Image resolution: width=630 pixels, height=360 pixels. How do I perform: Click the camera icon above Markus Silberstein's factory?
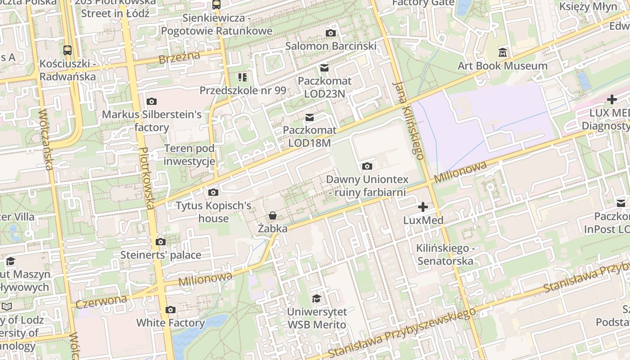pyautogui.click(x=152, y=101)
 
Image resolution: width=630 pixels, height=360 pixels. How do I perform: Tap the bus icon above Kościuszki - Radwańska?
pyautogui.click(x=67, y=50)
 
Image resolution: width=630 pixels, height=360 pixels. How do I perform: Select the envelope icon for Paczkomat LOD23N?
pyautogui.click(x=324, y=68)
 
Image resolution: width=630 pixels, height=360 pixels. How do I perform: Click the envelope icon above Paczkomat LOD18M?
pyautogui.click(x=310, y=117)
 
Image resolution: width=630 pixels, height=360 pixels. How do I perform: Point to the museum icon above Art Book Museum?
pyautogui.click(x=503, y=52)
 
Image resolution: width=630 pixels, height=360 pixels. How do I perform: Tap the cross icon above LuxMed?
pyautogui.click(x=423, y=207)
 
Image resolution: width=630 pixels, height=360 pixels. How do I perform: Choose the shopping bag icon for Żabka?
pyautogui.click(x=273, y=216)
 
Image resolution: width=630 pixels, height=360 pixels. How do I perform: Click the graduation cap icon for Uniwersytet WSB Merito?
pyautogui.click(x=317, y=298)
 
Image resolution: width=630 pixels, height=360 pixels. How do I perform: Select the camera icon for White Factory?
pyautogui.click(x=170, y=310)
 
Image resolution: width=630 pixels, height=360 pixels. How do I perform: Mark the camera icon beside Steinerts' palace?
pyautogui.click(x=161, y=242)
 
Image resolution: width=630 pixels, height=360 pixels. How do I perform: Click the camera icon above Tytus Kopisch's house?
pyautogui.click(x=213, y=193)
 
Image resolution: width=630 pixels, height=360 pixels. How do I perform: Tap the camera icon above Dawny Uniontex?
pyautogui.click(x=367, y=166)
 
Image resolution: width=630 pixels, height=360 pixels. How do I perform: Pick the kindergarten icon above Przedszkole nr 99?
pyautogui.click(x=243, y=77)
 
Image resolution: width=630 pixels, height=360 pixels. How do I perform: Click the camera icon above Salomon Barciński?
pyautogui.click(x=331, y=33)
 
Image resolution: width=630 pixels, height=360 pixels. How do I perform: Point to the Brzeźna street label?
pyautogui.click(x=179, y=57)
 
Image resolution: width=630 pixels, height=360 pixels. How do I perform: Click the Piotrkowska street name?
pyautogui.click(x=148, y=178)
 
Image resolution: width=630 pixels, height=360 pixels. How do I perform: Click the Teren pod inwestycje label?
pyautogui.click(x=189, y=155)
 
